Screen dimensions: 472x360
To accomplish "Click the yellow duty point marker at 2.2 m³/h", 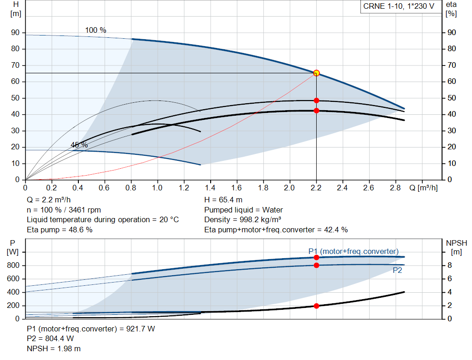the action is pos(316,73).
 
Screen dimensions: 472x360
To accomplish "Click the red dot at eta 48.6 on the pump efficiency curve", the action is pos(316,100).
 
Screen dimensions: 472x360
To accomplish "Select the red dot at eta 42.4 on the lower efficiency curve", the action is pos(316,111).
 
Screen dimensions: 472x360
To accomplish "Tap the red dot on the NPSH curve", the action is pos(316,306).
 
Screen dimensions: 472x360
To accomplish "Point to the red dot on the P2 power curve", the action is pos(316,265).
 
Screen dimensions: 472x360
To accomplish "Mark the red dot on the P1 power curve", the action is pos(316,257).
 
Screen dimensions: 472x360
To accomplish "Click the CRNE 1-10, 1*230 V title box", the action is pos(399,6).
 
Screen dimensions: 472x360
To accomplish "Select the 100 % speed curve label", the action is pos(96,30).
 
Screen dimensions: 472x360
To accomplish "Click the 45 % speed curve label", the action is pos(79,145).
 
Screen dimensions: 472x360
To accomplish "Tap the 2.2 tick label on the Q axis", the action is pos(316,188).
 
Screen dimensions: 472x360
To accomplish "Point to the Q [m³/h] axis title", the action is pos(424,188).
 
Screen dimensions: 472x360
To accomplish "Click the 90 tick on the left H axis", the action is pos(15,33).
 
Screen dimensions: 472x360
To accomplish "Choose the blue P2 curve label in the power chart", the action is pos(397,270).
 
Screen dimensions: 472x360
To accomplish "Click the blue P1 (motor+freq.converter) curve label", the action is pos(354,251).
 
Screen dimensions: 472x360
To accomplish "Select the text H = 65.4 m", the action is pos(224,200).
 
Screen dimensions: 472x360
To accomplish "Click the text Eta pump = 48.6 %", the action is pos(59,230).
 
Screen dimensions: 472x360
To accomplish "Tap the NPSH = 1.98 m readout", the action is pos(53,348).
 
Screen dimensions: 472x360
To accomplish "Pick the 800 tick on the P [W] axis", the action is pos(13,266).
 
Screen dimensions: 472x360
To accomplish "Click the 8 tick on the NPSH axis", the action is pos(449,265).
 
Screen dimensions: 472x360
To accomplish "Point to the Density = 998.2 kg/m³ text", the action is pos(242,220).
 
